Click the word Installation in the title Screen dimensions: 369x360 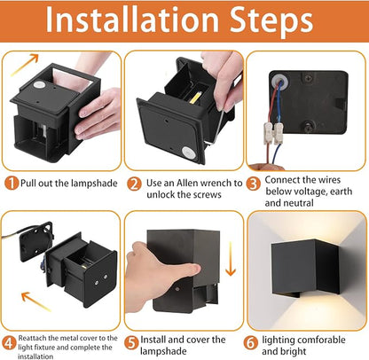[x=132, y=20]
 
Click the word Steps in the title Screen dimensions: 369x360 [x=271, y=21]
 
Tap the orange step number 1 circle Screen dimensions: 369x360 [x=12, y=184]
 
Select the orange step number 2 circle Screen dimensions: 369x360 [x=134, y=184]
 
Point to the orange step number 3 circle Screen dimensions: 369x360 [x=254, y=184]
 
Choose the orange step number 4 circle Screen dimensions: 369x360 [x=9, y=343]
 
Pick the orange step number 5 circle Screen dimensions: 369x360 [x=131, y=343]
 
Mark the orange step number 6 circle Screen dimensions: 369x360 [x=251, y=343]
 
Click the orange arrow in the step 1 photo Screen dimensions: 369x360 [x=25, y=65]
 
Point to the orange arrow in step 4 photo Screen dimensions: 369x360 [x=36, y=301]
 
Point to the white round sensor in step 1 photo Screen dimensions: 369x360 [x=39, y=85]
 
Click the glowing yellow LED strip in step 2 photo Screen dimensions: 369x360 [x=195, y=98]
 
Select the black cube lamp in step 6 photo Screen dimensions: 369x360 [x=305, y=268]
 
